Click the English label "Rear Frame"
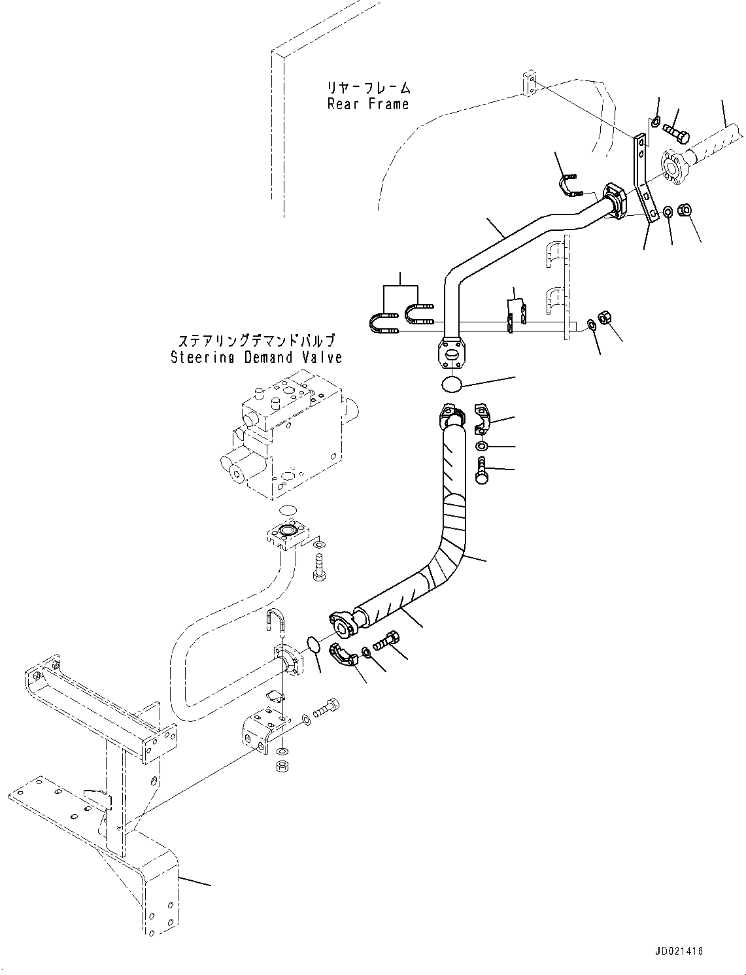coord(368,104)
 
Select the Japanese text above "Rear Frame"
coord(368,88)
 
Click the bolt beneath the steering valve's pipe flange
coord(318,566)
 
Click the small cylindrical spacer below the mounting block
coord(283,765)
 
